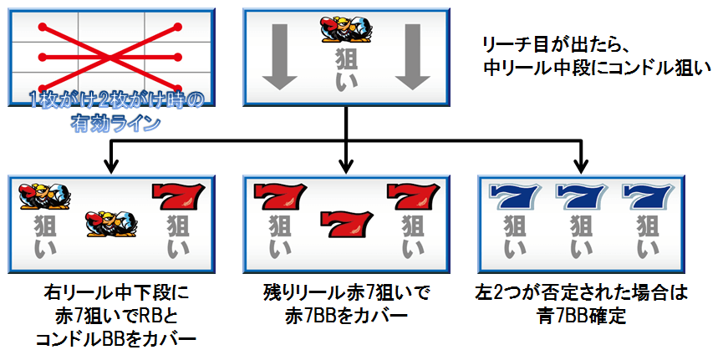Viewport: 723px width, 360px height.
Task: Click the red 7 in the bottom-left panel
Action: tap(177, 196)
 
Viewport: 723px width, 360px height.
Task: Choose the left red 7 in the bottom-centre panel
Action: tap(279, 196)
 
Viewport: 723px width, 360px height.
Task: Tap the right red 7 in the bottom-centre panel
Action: tap(412, 196)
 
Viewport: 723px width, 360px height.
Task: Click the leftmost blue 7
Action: tap(512, 196)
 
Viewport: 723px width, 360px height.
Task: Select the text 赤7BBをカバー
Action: tap(346, 317)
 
